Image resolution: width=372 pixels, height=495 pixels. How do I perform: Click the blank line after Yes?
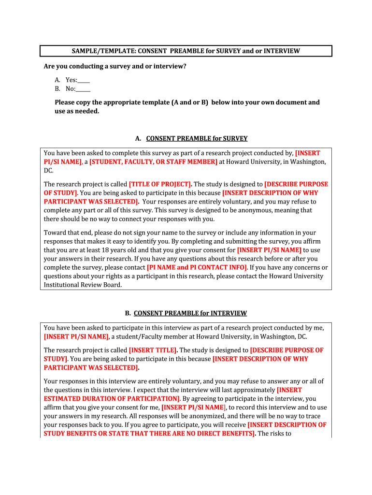coord(84,80)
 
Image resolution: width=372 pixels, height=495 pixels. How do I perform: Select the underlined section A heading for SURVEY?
coord(197,138)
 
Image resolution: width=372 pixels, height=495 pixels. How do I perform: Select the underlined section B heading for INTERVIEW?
coord(190,313)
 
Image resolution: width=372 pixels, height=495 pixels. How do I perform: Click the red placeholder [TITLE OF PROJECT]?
coord(160,184)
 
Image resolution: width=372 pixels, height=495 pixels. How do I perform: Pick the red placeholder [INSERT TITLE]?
coord(153,350)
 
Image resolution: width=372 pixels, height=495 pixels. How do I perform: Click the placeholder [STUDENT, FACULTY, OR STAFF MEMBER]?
coord(153,162)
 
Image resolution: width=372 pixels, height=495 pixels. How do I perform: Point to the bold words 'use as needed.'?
coord(77,111)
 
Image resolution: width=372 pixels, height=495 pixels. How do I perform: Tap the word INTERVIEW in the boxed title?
coord(282,51)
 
